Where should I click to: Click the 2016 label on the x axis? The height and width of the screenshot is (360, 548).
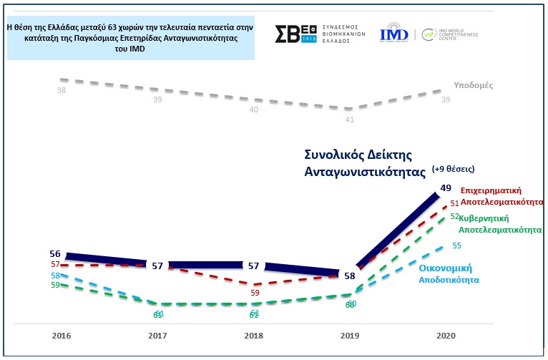click(62, 335)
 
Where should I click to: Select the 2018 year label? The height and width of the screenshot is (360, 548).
click(254, 335)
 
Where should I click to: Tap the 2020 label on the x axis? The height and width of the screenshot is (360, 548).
click(445, 335)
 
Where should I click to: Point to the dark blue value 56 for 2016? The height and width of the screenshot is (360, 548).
click(54, 254)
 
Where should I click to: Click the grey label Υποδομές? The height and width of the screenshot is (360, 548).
click(474, 86)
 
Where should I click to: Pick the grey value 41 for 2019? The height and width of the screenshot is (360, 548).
click(349, 120)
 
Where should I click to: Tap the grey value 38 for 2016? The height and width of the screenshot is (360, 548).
click(62, 91)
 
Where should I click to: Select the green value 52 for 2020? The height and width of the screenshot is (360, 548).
click(456, 216)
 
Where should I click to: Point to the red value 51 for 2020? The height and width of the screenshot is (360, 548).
click(454, 204)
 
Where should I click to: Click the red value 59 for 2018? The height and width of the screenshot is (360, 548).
click(255, 293)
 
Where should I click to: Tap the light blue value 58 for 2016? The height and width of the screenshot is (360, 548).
click(54, 276)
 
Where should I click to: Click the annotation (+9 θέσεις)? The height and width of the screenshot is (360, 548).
click(454, 170)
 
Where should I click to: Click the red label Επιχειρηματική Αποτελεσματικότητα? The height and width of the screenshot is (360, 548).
click(501, 196)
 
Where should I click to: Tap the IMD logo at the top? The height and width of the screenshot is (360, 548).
click(394, 34)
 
